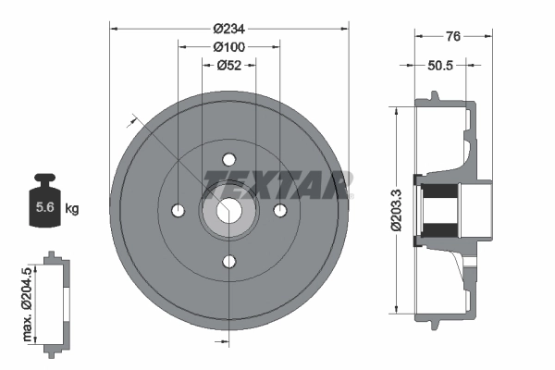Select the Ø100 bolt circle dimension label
pyautogui.click(x=228, y=46)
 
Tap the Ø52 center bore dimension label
pyautogui.click(x=228, y=65)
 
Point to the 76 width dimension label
pyautogui.click(x=453, y=36)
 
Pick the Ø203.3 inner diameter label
pyautogui.click(x=397, y=211)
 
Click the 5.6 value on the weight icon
pyautogui.click(x=43, y=208)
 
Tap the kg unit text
pyautogui.click(x=71, y=209)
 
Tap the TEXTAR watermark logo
pyautogui.click(x=277, y=182)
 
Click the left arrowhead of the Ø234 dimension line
pyautogui.click(x=114, y=28)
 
